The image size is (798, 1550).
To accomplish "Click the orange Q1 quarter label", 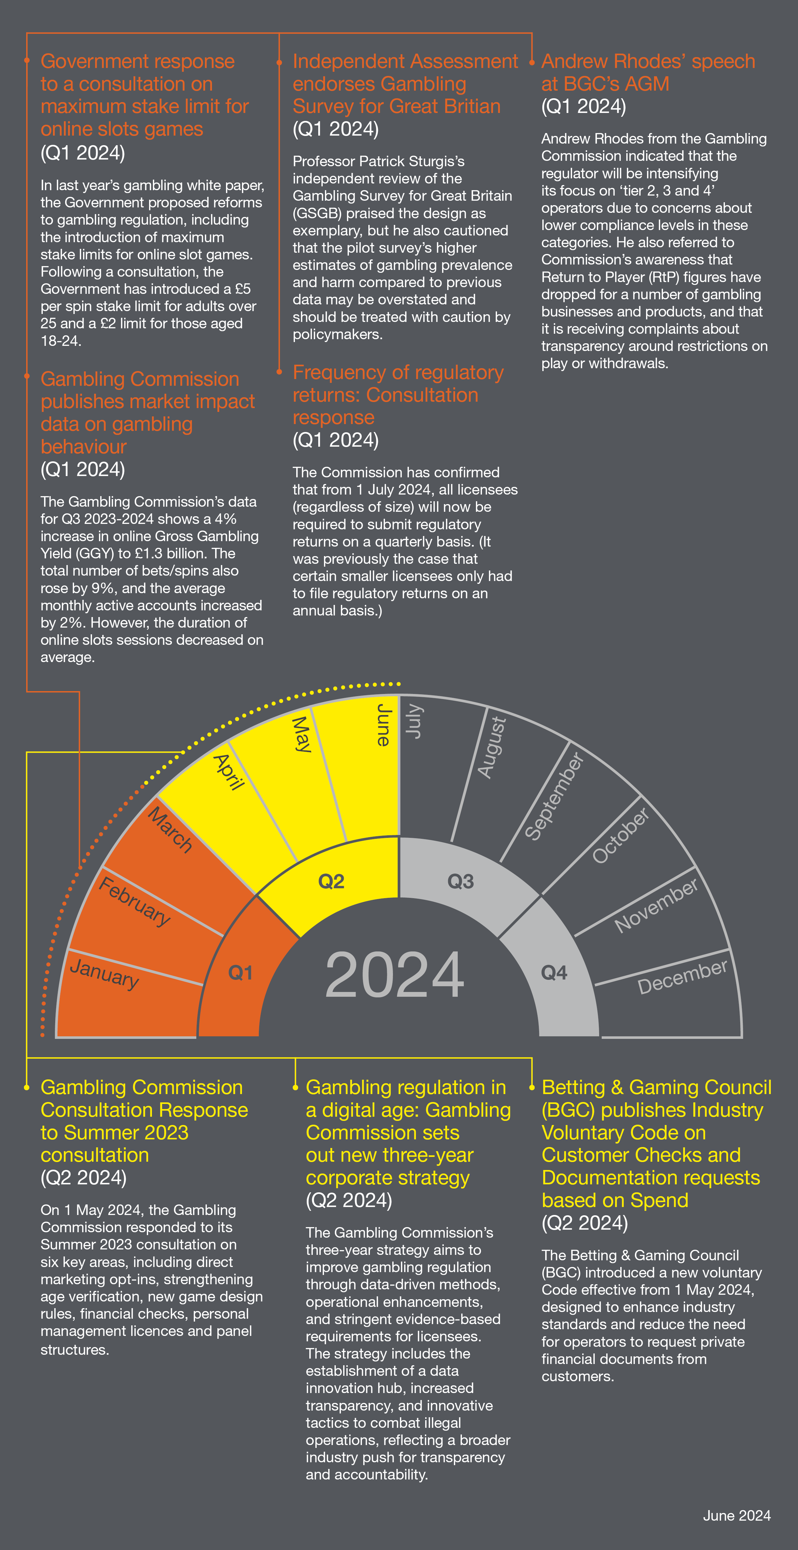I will click(x=240, y=972).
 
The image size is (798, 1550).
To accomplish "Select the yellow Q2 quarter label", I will click(x=331, y=882).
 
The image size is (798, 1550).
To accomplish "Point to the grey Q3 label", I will click(x=460, y=882).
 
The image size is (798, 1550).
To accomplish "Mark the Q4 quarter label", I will click(x=554, y=972).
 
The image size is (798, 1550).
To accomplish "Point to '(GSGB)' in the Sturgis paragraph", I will click(x=317, y=213).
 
